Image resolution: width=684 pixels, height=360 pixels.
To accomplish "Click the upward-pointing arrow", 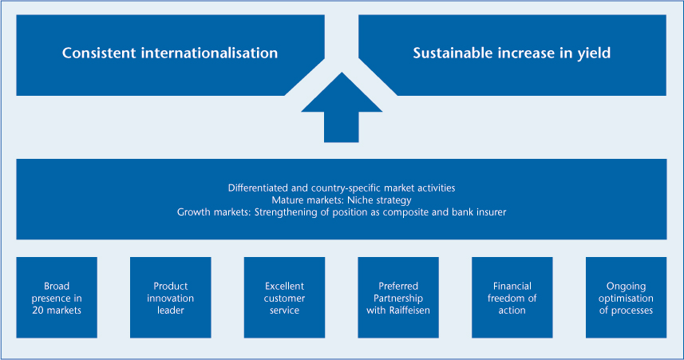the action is (342, 109).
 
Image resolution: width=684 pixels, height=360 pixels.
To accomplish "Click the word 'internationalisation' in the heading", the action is (209, 53).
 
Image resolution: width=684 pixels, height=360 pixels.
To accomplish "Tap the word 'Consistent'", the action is (99, 53).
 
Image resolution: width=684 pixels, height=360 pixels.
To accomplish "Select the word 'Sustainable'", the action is (453, 53).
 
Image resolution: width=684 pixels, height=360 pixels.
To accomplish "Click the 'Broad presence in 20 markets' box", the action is (57, 297).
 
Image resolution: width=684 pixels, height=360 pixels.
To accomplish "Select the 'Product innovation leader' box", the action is (171, 297).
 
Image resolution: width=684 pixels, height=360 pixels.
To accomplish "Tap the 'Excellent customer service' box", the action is (284, 297).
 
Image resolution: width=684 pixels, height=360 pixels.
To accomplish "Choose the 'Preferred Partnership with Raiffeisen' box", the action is (398, 297).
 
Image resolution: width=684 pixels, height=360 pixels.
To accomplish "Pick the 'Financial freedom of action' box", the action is (512, 297).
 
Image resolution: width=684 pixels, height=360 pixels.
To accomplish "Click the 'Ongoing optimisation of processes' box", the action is (626, 297).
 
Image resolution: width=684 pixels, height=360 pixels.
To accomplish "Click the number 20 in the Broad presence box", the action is (38, 311).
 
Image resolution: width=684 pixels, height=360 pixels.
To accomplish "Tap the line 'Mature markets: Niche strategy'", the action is (342, 200).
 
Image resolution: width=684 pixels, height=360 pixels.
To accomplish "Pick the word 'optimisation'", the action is (626, 299).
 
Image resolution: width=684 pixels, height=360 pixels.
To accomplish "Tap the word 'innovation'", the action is (171, 298).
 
